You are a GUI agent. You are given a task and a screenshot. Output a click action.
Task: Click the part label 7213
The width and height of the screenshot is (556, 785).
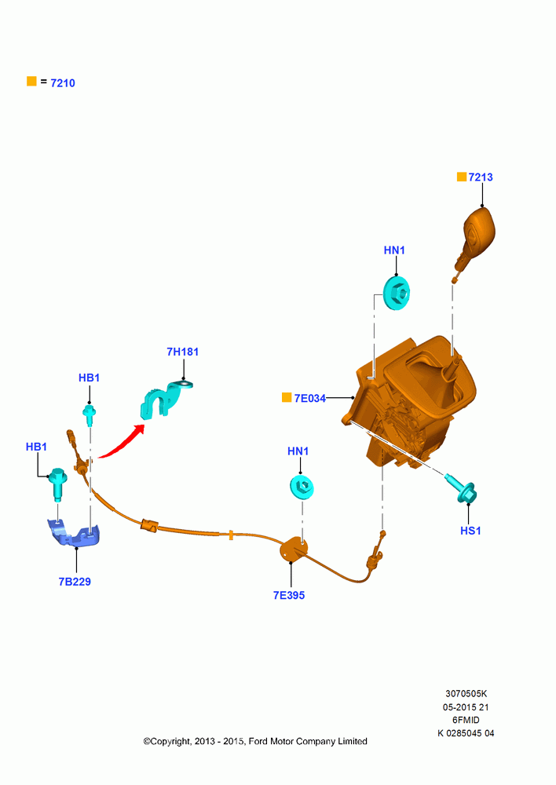click(x=481, y=177)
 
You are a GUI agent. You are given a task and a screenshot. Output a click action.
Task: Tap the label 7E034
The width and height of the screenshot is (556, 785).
click(x=309, y=399)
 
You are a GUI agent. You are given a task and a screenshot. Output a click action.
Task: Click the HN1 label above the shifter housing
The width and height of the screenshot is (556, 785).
click(x=394, y=250)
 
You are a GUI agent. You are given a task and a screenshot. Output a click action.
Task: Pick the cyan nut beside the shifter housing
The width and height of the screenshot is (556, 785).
click(x=397, y=292)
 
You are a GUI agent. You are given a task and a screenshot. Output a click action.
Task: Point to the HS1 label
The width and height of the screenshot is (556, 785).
click(x=470, y=531)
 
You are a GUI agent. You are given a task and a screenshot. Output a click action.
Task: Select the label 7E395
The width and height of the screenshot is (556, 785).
click(x=288, y=595)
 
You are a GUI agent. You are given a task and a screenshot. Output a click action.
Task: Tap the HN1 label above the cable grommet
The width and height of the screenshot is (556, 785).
click(x=298, y=451)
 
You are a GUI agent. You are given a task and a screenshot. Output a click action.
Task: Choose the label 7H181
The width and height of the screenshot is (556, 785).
click(x=182, y=352)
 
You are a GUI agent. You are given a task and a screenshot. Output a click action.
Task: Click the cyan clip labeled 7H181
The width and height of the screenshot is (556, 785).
click(x=163, y=400)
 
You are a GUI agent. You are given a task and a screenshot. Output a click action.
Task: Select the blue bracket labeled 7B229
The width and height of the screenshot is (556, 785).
click(x=74, y=533)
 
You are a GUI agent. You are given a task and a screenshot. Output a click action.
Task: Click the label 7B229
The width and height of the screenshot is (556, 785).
click(x=75, y=582)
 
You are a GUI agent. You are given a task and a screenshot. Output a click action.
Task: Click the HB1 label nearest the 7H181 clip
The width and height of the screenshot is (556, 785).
click(x=90, y=378)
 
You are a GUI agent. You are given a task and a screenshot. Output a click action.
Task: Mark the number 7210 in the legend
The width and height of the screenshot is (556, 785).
click(x=63, y=83)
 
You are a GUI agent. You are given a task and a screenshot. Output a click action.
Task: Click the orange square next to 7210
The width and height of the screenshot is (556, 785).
click(x=31, y=81)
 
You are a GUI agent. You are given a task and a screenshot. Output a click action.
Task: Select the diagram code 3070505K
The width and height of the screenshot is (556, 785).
click(x=466, y=694)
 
